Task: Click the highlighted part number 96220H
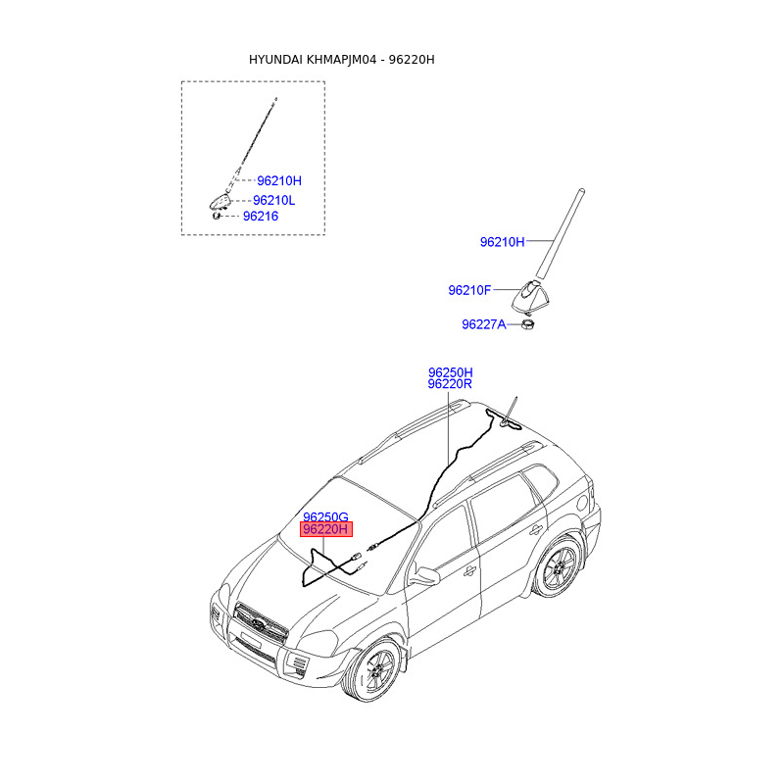pos(325,529)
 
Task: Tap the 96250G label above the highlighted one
pos(325,516)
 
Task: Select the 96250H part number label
pos(450,372)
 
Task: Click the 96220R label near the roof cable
pos(450,385)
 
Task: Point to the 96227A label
pos(483,323)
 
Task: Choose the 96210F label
pos(469,290)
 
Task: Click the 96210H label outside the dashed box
pos(502,241)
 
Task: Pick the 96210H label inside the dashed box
pos(279,180)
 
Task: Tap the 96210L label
pos(273,200)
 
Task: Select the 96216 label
pos(261,216)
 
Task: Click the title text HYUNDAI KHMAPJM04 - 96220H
pos(341,60)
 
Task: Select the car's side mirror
pos(424,576)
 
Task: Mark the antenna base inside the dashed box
pos(220,203)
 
